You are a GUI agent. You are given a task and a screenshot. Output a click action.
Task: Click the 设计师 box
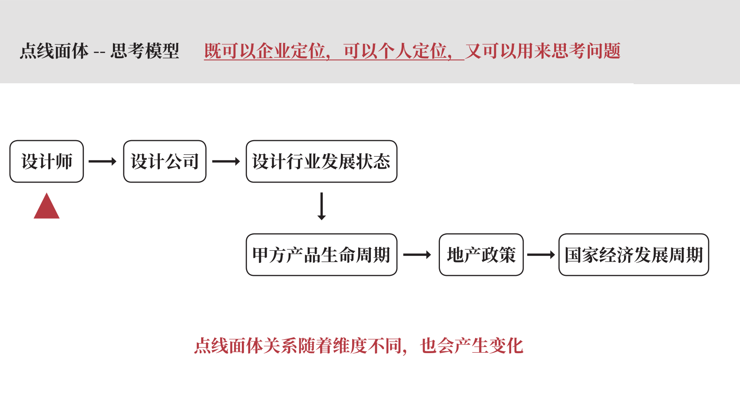pyautogui.click(x=46, y=161)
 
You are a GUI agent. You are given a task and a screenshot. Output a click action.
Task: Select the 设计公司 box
pyautogui.click(x=165, y=161)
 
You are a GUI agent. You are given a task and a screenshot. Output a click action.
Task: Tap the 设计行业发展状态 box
pyautogui.click(x=321, y=161)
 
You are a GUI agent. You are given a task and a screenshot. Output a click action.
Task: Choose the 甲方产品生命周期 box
pyautogui.click(x=321, y=255)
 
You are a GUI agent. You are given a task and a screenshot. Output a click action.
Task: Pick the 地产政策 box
pyautogui.click(x=481, y=255)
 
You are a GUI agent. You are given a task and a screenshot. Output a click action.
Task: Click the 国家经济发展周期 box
pyautogui.click(x=634, y=255)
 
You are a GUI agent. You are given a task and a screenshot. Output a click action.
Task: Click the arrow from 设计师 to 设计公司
pyautogui.click(x=102, y=161)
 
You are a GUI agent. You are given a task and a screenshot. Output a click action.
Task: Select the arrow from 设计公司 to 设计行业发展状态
pyautogui.click(x=226, y=161)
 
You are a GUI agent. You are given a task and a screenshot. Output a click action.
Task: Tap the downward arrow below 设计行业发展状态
pyautogui.click(x=321, y=206)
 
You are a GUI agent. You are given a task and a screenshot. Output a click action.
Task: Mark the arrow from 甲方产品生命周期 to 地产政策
pyautogui.click(x=417, y=255)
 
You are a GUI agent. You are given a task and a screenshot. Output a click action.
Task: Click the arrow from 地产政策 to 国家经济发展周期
pyautogui.click(x=541, y=255)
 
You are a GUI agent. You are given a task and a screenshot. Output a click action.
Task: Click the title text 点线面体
pyautogui.click(x=54, y=51)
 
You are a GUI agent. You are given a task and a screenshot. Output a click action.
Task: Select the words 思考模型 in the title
pyautogui.click(x=145, y=51)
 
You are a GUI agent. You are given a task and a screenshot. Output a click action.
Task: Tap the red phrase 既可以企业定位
pyautogui.click(x=265, y=51)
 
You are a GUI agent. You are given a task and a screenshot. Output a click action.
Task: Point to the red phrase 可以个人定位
pyautogui.click(x=395, y=51)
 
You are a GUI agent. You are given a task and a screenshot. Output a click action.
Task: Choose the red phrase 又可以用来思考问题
pyautogui.click(x=543, y=51)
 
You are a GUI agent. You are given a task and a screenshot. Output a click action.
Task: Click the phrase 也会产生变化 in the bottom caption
pyautogui.click(x=472, y=346)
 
